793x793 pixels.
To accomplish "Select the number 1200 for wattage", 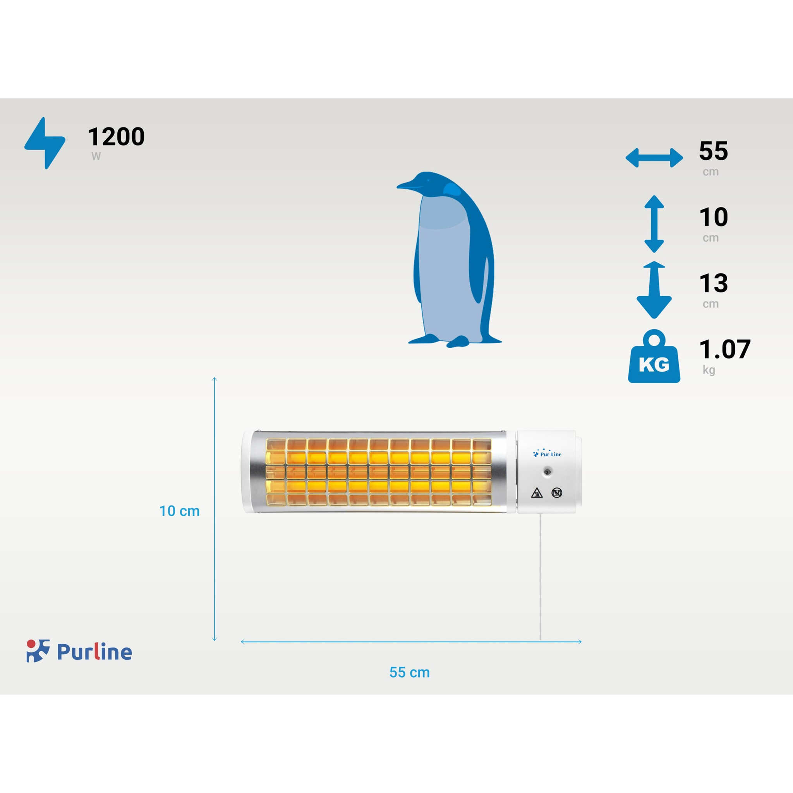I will coord(116,137).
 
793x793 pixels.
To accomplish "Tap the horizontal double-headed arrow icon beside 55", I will coord(654,158).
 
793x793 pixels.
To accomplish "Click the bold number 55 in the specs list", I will coord(713,151).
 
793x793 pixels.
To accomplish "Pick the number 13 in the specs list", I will coord(713,283).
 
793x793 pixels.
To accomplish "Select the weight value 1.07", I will coord(724,349).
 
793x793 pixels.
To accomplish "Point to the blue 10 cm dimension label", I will coord(179,511).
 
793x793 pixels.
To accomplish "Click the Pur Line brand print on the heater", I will coord(548,454).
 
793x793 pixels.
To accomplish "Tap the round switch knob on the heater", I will coord(547,472).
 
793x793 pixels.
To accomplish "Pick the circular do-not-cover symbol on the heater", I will coord(556,493).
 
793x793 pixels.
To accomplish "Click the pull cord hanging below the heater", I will coord(540,575).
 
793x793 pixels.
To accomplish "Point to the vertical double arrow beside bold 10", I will coord(654,224).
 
